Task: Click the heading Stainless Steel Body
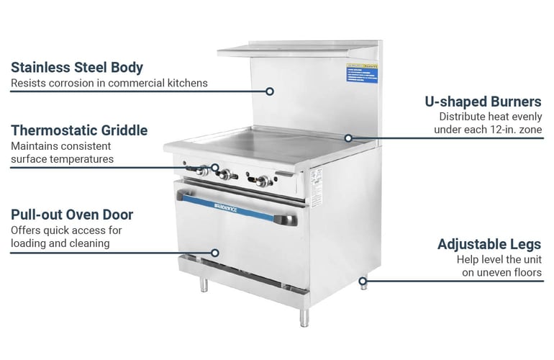[77, 68]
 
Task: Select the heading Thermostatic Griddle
[79, 130]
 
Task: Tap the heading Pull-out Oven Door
[72, 215]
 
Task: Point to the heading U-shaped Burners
[483, 102]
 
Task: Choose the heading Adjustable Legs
[489, 244]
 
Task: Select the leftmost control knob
[204, 171]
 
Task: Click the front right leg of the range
[304, 316]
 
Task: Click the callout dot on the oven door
[214, 253]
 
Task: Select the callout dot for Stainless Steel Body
[270, 91]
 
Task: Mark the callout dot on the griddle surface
[348, 137]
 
